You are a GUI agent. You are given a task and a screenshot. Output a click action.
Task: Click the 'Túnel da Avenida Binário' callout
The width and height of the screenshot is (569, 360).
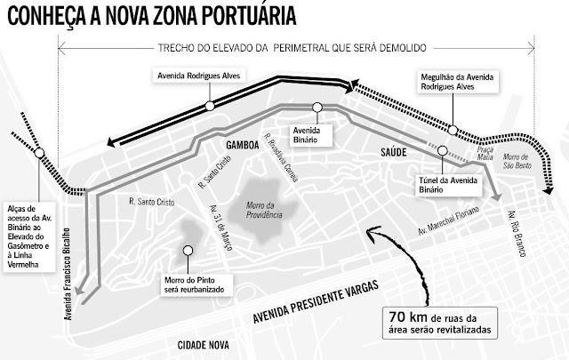pos(444,183)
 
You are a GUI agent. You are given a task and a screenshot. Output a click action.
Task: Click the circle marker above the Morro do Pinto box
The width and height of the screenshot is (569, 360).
pos(187,250)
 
